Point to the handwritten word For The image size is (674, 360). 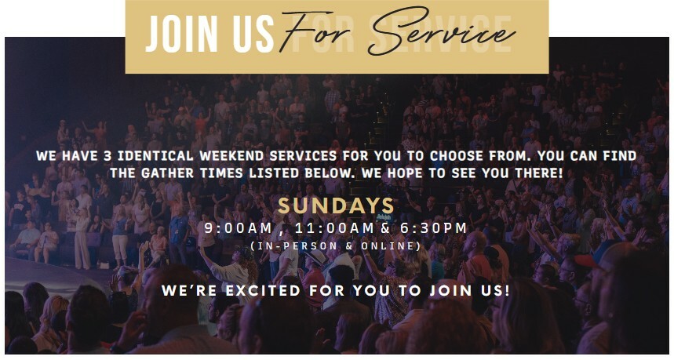coord(319,33)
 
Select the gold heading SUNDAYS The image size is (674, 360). coord(336,205)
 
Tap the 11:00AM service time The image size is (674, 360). coord(334,227)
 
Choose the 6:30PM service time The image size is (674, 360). coord(433,227)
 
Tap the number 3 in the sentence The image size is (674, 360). coord(107,155)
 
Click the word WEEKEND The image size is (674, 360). coord(231,155)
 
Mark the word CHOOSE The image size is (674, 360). coord(457,155)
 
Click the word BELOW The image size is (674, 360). coord(330,173)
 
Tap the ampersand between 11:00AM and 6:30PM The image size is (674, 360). coord(385,228)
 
